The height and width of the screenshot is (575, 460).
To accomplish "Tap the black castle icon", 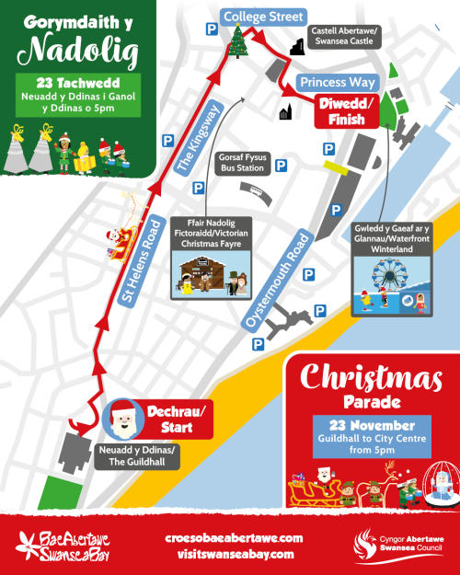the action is pyautogui.click(x=296, y=47).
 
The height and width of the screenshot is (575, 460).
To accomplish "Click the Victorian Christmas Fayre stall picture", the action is pyautogui.click(x=210, y=276).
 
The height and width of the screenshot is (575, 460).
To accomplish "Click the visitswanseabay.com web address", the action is pyautogui.click(x=232, y=554).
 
